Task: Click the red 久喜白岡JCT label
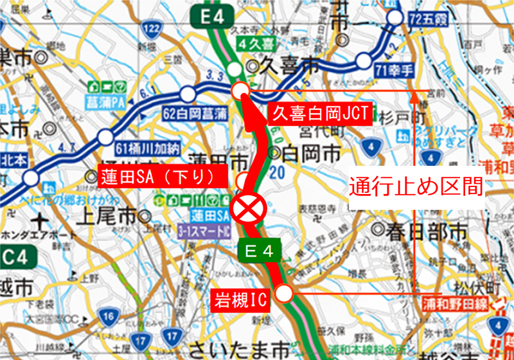coord(319,113)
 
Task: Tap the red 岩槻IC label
coord(240,299)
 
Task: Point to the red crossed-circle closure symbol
coord(247,208)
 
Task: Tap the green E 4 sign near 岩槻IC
coord(259,251)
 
